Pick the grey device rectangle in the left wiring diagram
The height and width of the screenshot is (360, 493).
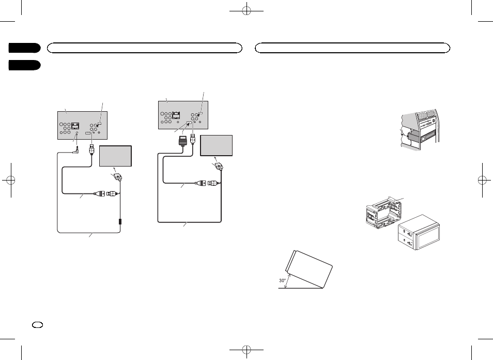[116, 156]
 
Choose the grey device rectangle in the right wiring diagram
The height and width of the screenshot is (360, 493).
[217, 144]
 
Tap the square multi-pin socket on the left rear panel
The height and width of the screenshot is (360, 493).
[75, 125]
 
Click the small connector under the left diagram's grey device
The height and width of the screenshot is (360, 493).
[119, 176]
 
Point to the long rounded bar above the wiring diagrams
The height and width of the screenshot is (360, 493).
[145, 48]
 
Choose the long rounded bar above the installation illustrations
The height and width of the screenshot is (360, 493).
[353, 48]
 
